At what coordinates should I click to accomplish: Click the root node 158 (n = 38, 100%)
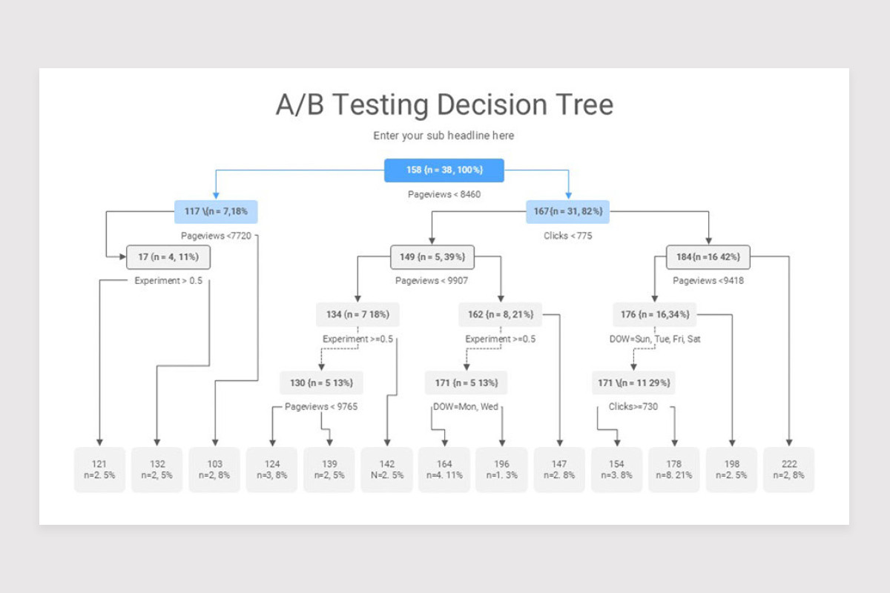point(444,170)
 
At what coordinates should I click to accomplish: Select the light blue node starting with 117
point(216,212)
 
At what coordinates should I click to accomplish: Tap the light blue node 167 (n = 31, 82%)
point(567,212)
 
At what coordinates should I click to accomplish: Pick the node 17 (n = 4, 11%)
point(168,257)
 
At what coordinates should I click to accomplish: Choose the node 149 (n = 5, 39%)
point(432,257)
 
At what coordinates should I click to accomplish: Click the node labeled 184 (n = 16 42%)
point(708,257)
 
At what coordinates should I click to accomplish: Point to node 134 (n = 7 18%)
point(357,314)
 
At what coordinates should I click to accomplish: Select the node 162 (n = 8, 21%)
point(500,314)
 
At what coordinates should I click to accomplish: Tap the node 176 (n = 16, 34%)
point(654,314)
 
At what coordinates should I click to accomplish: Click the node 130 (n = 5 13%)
point(321,383)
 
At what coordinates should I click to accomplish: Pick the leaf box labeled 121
point(99,470)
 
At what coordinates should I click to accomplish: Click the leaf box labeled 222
point(789,470)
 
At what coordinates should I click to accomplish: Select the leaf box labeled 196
point(501,470)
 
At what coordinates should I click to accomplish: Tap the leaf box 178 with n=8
point(673,470)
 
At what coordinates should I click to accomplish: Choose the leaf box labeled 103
point(214,470)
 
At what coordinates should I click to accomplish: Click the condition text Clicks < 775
point(567,236)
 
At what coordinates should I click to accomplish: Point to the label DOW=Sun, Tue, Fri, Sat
point(655,339)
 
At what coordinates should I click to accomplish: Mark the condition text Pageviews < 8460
point(444,194)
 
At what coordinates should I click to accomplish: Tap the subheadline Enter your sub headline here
point(444,136)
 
